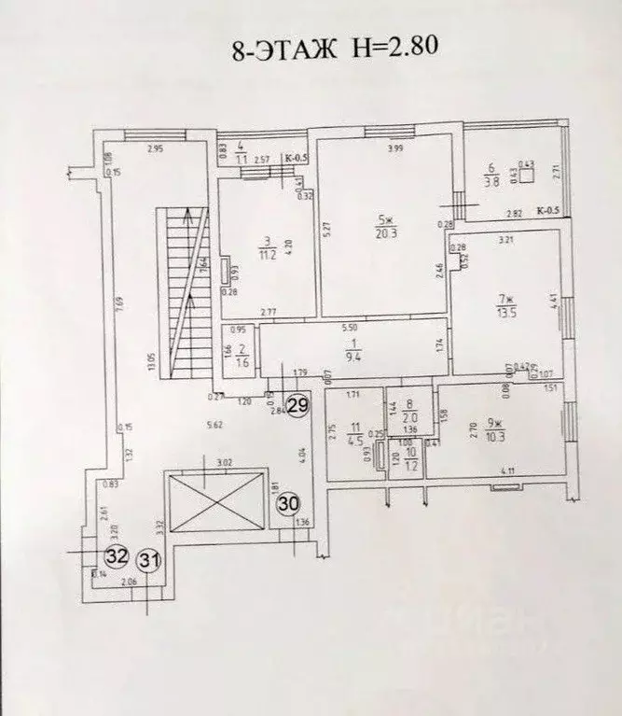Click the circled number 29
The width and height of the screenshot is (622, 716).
point(298,406)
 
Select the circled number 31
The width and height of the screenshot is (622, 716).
point(148,560)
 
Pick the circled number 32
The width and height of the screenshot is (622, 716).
point(117,556)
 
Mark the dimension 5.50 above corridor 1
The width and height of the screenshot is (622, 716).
point(350,330)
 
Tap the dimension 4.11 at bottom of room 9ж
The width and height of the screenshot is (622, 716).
point(508,470)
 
